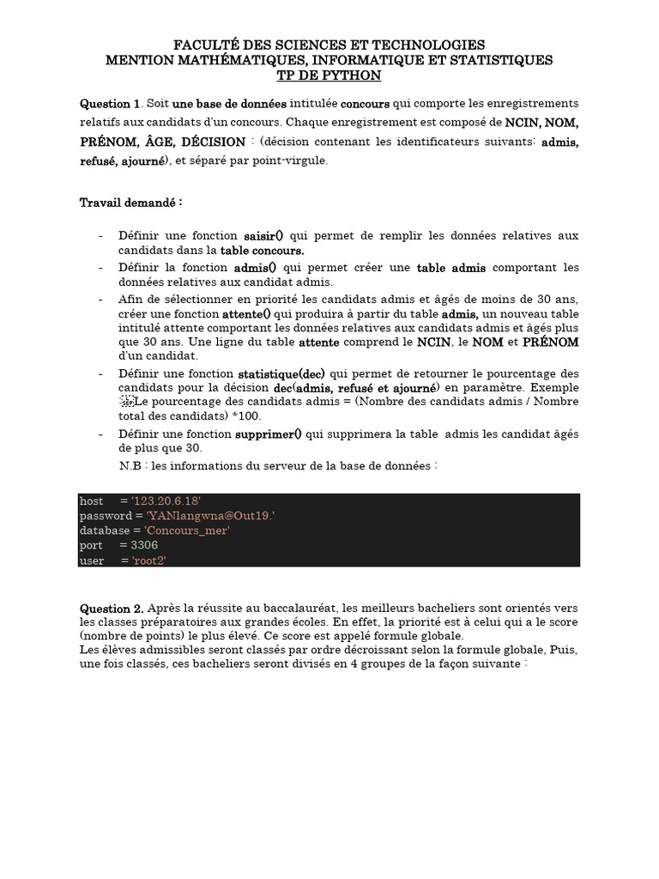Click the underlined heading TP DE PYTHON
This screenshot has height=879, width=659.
click(x=329, y=76)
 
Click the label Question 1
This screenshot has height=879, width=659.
click(x=109, y=103)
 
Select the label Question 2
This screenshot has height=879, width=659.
click(x=112, y=607)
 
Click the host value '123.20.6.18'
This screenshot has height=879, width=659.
click(x=166, y=500)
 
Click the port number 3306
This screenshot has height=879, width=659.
click(x=144, y=545)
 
